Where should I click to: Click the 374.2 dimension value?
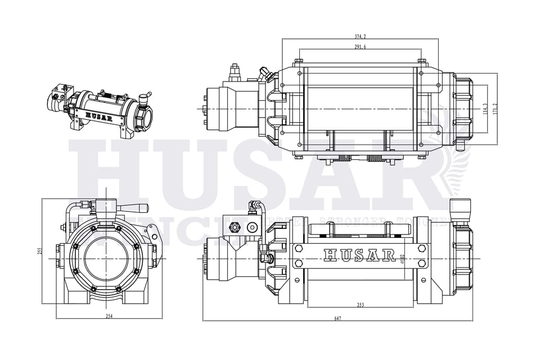[360, 37]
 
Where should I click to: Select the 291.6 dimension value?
[360, 47]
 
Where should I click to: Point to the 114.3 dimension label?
[485, 109]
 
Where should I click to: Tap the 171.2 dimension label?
[496, 109]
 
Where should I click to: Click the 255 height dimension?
[40, 251]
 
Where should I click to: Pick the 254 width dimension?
[109, 317]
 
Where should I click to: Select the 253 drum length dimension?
[360, 305]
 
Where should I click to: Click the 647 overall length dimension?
[337, 319]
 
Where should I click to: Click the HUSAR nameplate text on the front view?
[360, 255]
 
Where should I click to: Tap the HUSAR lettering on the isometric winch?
[98, 117]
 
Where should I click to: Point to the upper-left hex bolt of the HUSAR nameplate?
[298, 248]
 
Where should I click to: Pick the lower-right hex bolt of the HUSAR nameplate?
[422, 263]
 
